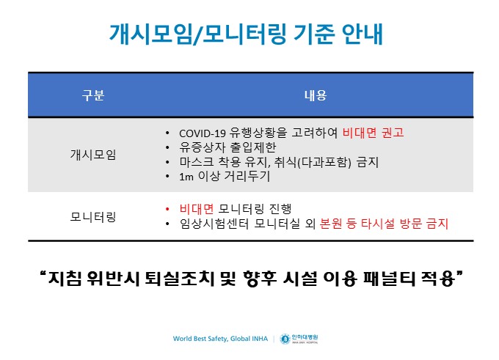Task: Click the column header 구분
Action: click(x=93, y=95)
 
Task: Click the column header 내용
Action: click(x=316, y=95)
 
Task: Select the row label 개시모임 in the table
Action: click(x=93, y=155)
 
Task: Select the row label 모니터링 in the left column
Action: click(x=93, y=217)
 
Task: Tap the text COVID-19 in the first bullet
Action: click(x=203, y=133)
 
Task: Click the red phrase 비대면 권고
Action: click(x=373, y=133)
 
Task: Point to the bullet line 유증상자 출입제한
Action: click(x=227, y=147)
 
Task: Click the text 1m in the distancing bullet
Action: click(x=186, y=177)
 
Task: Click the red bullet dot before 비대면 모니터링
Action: click(x=167, y=209)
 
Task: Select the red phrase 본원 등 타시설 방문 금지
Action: click(x=384, y=224)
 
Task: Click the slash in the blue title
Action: click(x=197, y=34)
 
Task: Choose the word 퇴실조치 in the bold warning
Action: click(x=180, y=279)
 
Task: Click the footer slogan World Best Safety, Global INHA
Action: click(x=220, y=339)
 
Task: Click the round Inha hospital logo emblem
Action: click(x=285, y=339)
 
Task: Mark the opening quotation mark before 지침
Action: click(x=43, y=273)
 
